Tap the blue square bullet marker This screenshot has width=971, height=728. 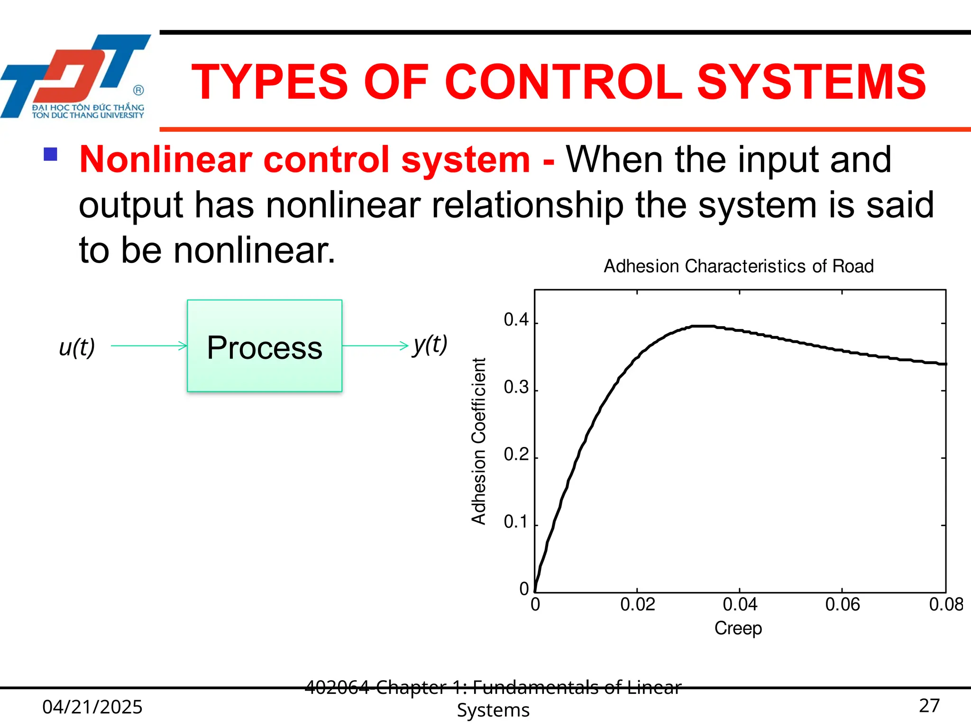click(50, 155)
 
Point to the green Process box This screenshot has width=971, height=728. click(265, 346)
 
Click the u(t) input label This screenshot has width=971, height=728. click(77, 347)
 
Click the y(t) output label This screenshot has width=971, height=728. click(430, 344)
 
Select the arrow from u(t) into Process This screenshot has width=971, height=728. click(149, 346)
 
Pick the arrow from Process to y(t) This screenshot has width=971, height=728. click(375, 346)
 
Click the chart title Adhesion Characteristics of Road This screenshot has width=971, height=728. click(738, 266)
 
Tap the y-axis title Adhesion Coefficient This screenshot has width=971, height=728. click(479, 441)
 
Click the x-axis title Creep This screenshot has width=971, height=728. click(738, 628)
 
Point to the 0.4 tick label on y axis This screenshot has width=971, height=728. click(516, 320)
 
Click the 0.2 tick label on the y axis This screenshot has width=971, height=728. click(516, 455)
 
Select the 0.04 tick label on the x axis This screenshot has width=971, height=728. click(740, 605)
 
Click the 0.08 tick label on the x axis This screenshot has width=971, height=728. click(946, 605)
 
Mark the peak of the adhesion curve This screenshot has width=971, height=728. click(703, 326)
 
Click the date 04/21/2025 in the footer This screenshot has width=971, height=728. click(92, 707)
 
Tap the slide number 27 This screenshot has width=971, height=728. click(929, 706)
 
